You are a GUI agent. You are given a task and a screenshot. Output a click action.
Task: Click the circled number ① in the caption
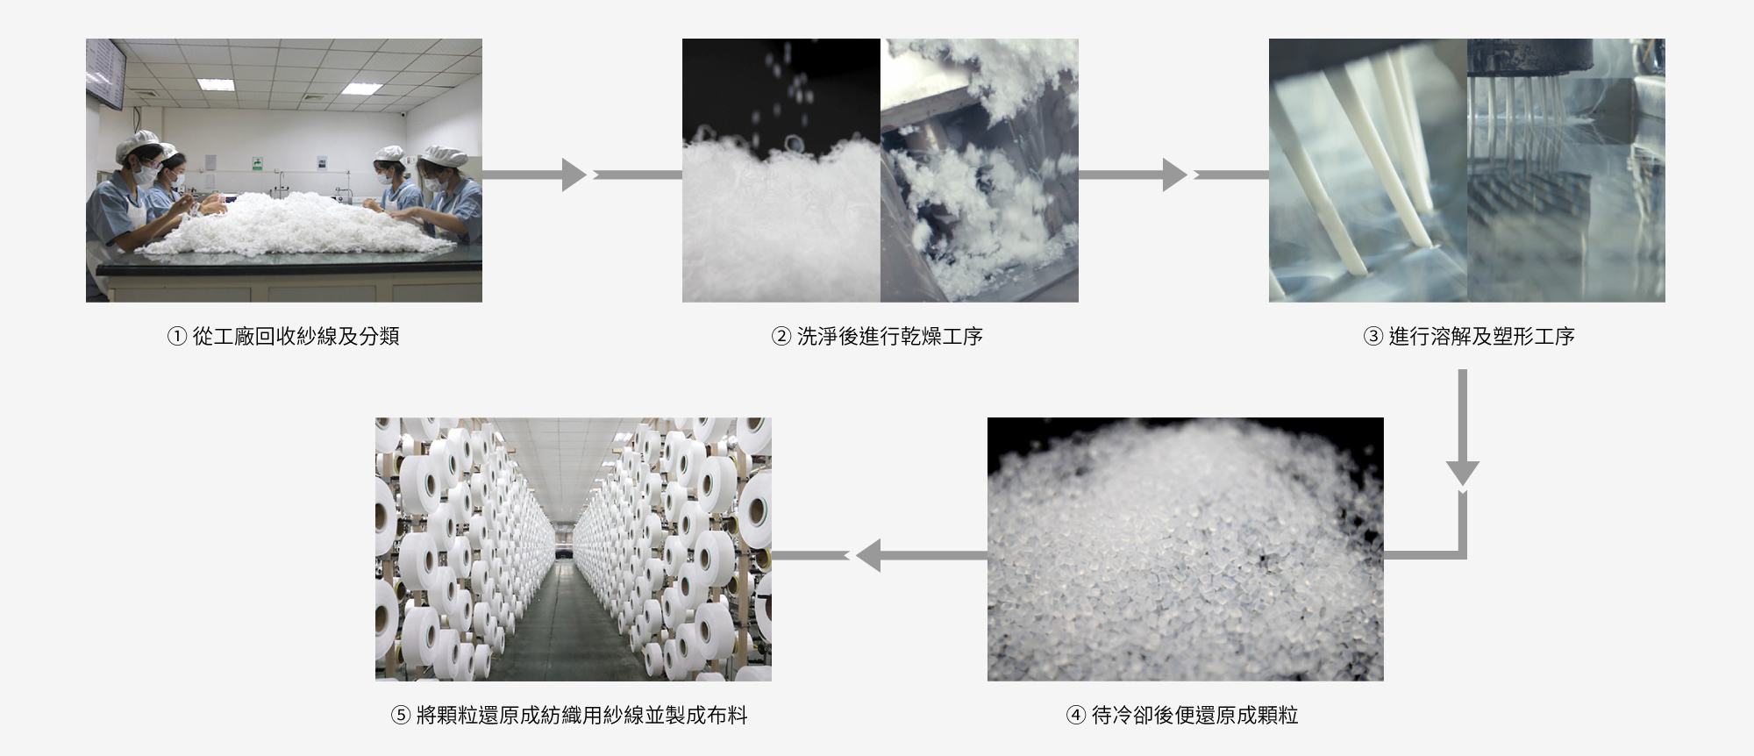[x=177, y=337]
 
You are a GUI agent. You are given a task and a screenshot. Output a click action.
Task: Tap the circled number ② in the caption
[x=781, y=337]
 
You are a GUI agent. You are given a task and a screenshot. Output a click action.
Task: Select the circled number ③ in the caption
[x=1373, y=337]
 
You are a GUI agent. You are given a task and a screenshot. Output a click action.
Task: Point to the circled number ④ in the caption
[x=1076, y=716]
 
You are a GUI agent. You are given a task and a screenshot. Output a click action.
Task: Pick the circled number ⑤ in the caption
[x=401, y=716]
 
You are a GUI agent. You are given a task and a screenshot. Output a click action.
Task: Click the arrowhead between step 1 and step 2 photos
[x=574, y=175]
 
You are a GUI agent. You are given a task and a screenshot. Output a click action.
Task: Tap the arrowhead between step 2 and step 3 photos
[x=1174, y=175]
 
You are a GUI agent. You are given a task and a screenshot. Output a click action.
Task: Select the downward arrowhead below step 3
[x=1462, y=473]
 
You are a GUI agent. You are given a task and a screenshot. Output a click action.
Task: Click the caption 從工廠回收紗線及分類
[x=296, y=337]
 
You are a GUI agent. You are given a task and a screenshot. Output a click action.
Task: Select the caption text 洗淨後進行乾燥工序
[x=889, y=337]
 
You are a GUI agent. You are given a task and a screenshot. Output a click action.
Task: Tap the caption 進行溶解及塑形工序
[x=1481, y=337]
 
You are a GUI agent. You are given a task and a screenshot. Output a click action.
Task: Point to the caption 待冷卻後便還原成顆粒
[x=1194, y=716]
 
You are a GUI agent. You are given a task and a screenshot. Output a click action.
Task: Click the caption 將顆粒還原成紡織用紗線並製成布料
[x=581, y=716]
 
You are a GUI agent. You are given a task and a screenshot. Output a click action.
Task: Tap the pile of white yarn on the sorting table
[x=289, y=224]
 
